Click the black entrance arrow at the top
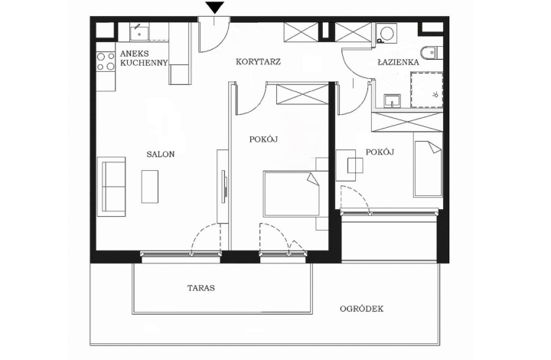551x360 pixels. pos(215,8)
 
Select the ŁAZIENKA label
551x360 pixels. pos(397,61)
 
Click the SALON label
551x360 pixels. pos(161,154)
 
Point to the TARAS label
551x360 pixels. pos(201,289)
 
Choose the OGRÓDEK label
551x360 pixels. pos(362,309)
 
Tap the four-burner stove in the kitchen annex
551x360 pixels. pos(105,61)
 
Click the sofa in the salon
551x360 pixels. pos(112,186)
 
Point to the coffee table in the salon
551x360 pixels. pos(151,186)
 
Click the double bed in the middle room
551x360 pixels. pos(291,194)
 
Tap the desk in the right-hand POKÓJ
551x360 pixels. pos(355,165)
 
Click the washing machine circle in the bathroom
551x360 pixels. pos(386,32)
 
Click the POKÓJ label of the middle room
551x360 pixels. pos(262,139)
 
